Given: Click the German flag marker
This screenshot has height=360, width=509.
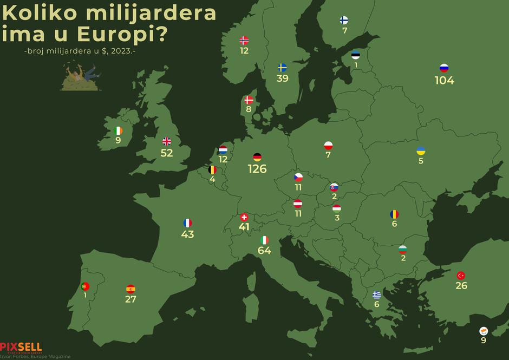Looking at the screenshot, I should pyautogui.click(x=257, y=157).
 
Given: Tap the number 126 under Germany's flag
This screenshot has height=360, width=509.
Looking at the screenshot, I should pyautogui.click(x=257, y=169).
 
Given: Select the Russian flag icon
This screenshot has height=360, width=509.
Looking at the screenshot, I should pyautogui.click(x=444, y=68).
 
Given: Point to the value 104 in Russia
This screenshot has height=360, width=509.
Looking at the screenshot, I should pyautogui.click(x=444, y=81).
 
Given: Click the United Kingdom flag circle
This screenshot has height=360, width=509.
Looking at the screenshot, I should pyautogui.click(x=167, y=141).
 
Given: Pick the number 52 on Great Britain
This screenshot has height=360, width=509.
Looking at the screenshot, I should pyautogui.click(x=167, y=153).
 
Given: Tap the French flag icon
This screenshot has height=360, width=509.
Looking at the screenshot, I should pyautogui.click(x=187, y=223).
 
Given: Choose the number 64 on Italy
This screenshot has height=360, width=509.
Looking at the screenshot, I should pyautogui.click(x=264, y=251).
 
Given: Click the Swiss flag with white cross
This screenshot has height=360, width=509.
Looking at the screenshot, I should pyautogui.click(x=244, y=217).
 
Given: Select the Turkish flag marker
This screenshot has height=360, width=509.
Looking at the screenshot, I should pyautogui.click(x=461, y=275).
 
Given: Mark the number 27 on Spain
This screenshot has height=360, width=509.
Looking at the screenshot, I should pyautogui.click(x=130, y=299).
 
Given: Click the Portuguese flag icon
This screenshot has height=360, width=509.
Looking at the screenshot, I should pyautogui.click(x=85, y=286).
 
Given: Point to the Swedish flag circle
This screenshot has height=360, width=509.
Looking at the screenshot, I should pyautogui.click(x=282, y=68).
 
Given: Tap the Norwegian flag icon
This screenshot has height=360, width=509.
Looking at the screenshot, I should pyautogui.click(x=244, y=40).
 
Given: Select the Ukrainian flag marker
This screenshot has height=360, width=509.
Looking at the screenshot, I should pyautogui.click(x=421, y=150).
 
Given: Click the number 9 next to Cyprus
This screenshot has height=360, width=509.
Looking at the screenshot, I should pyautogui.click(x=484, y=341).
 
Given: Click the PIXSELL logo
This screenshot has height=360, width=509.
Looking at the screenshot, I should pyautogui.click(x=21, y=347).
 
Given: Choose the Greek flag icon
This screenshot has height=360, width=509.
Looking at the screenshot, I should pyautogui.click(x=376, y=295).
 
